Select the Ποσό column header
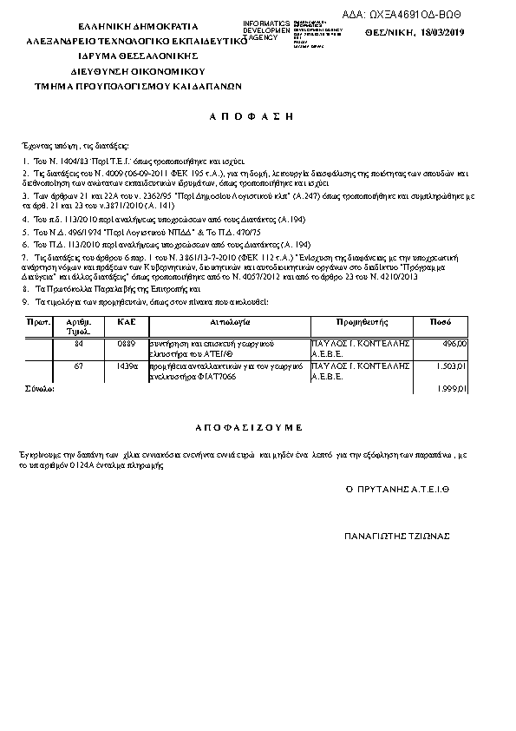pyautogui.click(x=441, y=321)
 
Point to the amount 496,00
pyautogui.click(x=454, y=344)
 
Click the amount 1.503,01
pyautogui.click(x=451, y=367)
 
